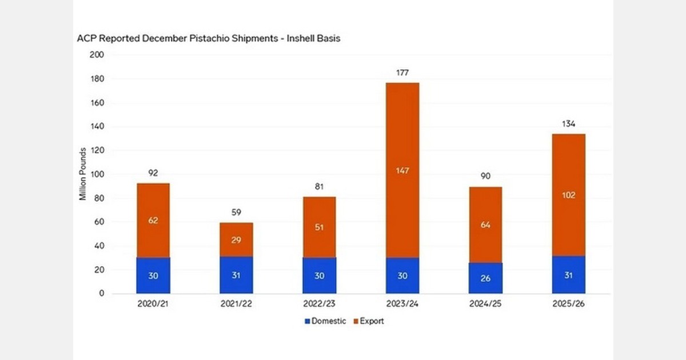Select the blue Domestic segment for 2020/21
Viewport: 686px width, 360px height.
(x=153, y=275)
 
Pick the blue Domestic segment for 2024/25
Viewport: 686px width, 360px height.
(x=486, y=278)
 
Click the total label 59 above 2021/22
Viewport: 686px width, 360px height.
(x=236, y=213)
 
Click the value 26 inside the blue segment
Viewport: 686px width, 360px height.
(x=486, y=279)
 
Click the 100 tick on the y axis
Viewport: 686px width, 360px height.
(x=97, y=174)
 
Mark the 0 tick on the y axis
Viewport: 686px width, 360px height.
(x=101, y=294)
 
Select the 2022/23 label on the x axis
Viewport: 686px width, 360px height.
(x=319, y=305)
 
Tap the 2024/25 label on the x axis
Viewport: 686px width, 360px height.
(x=486, y=305)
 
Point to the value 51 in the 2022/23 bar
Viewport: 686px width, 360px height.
(x=319, y=227)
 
